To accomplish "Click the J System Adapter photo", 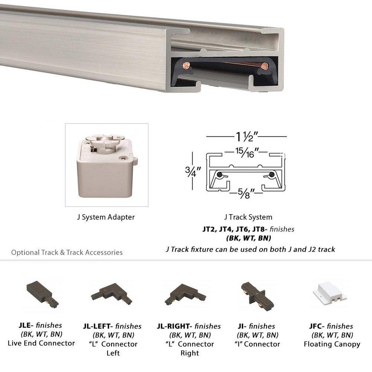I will tap(107, 165).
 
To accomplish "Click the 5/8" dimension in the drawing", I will tap(247, 193).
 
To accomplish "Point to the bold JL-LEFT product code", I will tap(98, 326).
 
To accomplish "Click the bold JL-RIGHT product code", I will tap(174, 326).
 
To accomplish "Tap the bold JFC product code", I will tap(317, 326).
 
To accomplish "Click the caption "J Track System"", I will tap(248, 217).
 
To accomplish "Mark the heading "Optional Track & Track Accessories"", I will tap(67, 252).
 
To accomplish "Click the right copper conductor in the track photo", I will tap(264, 67).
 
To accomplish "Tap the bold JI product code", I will tap(241, 326).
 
